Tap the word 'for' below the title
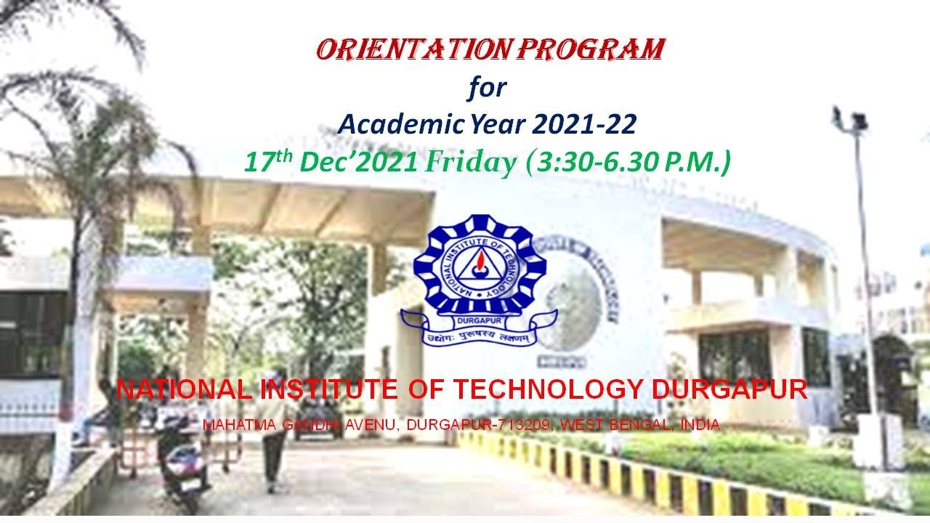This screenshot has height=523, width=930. [486, 88]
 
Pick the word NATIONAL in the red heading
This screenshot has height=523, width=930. [185, 390]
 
